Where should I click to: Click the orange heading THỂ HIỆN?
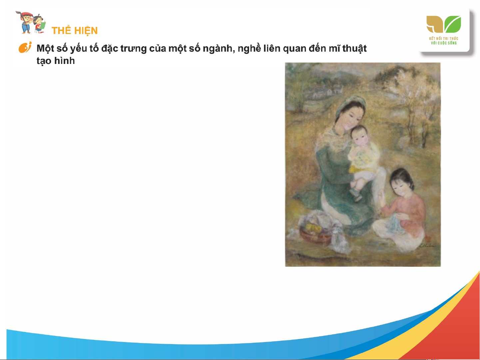(x=75, y=30)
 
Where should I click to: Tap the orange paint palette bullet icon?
(x=25, y=47)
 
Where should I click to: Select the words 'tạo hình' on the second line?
(x=56, y=61)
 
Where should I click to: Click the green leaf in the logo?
(x=453, y=24)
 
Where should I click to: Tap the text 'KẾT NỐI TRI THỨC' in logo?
(x=443, y=39)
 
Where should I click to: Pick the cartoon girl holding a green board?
(x=39, y=24)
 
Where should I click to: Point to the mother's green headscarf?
(x=349, y=104)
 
